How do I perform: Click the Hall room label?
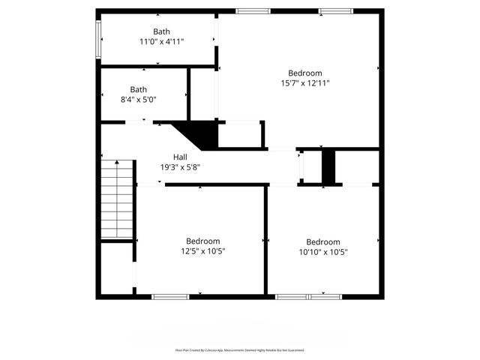(180, 157)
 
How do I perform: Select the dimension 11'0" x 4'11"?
(161, 42)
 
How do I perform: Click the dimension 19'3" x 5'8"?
(180, 167)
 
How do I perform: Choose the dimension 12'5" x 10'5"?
(202, 252)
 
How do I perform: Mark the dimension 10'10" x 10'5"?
(322, 252)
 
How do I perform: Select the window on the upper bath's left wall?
(97, 37)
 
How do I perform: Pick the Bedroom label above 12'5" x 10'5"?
(202, 241)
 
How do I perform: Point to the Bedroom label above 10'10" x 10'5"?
(322, 241)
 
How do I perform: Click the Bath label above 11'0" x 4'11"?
(161, 31)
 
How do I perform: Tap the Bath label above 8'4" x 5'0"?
(139, 88)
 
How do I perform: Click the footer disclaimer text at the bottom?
(240, 350)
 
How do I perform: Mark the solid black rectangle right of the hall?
(328, 166)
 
